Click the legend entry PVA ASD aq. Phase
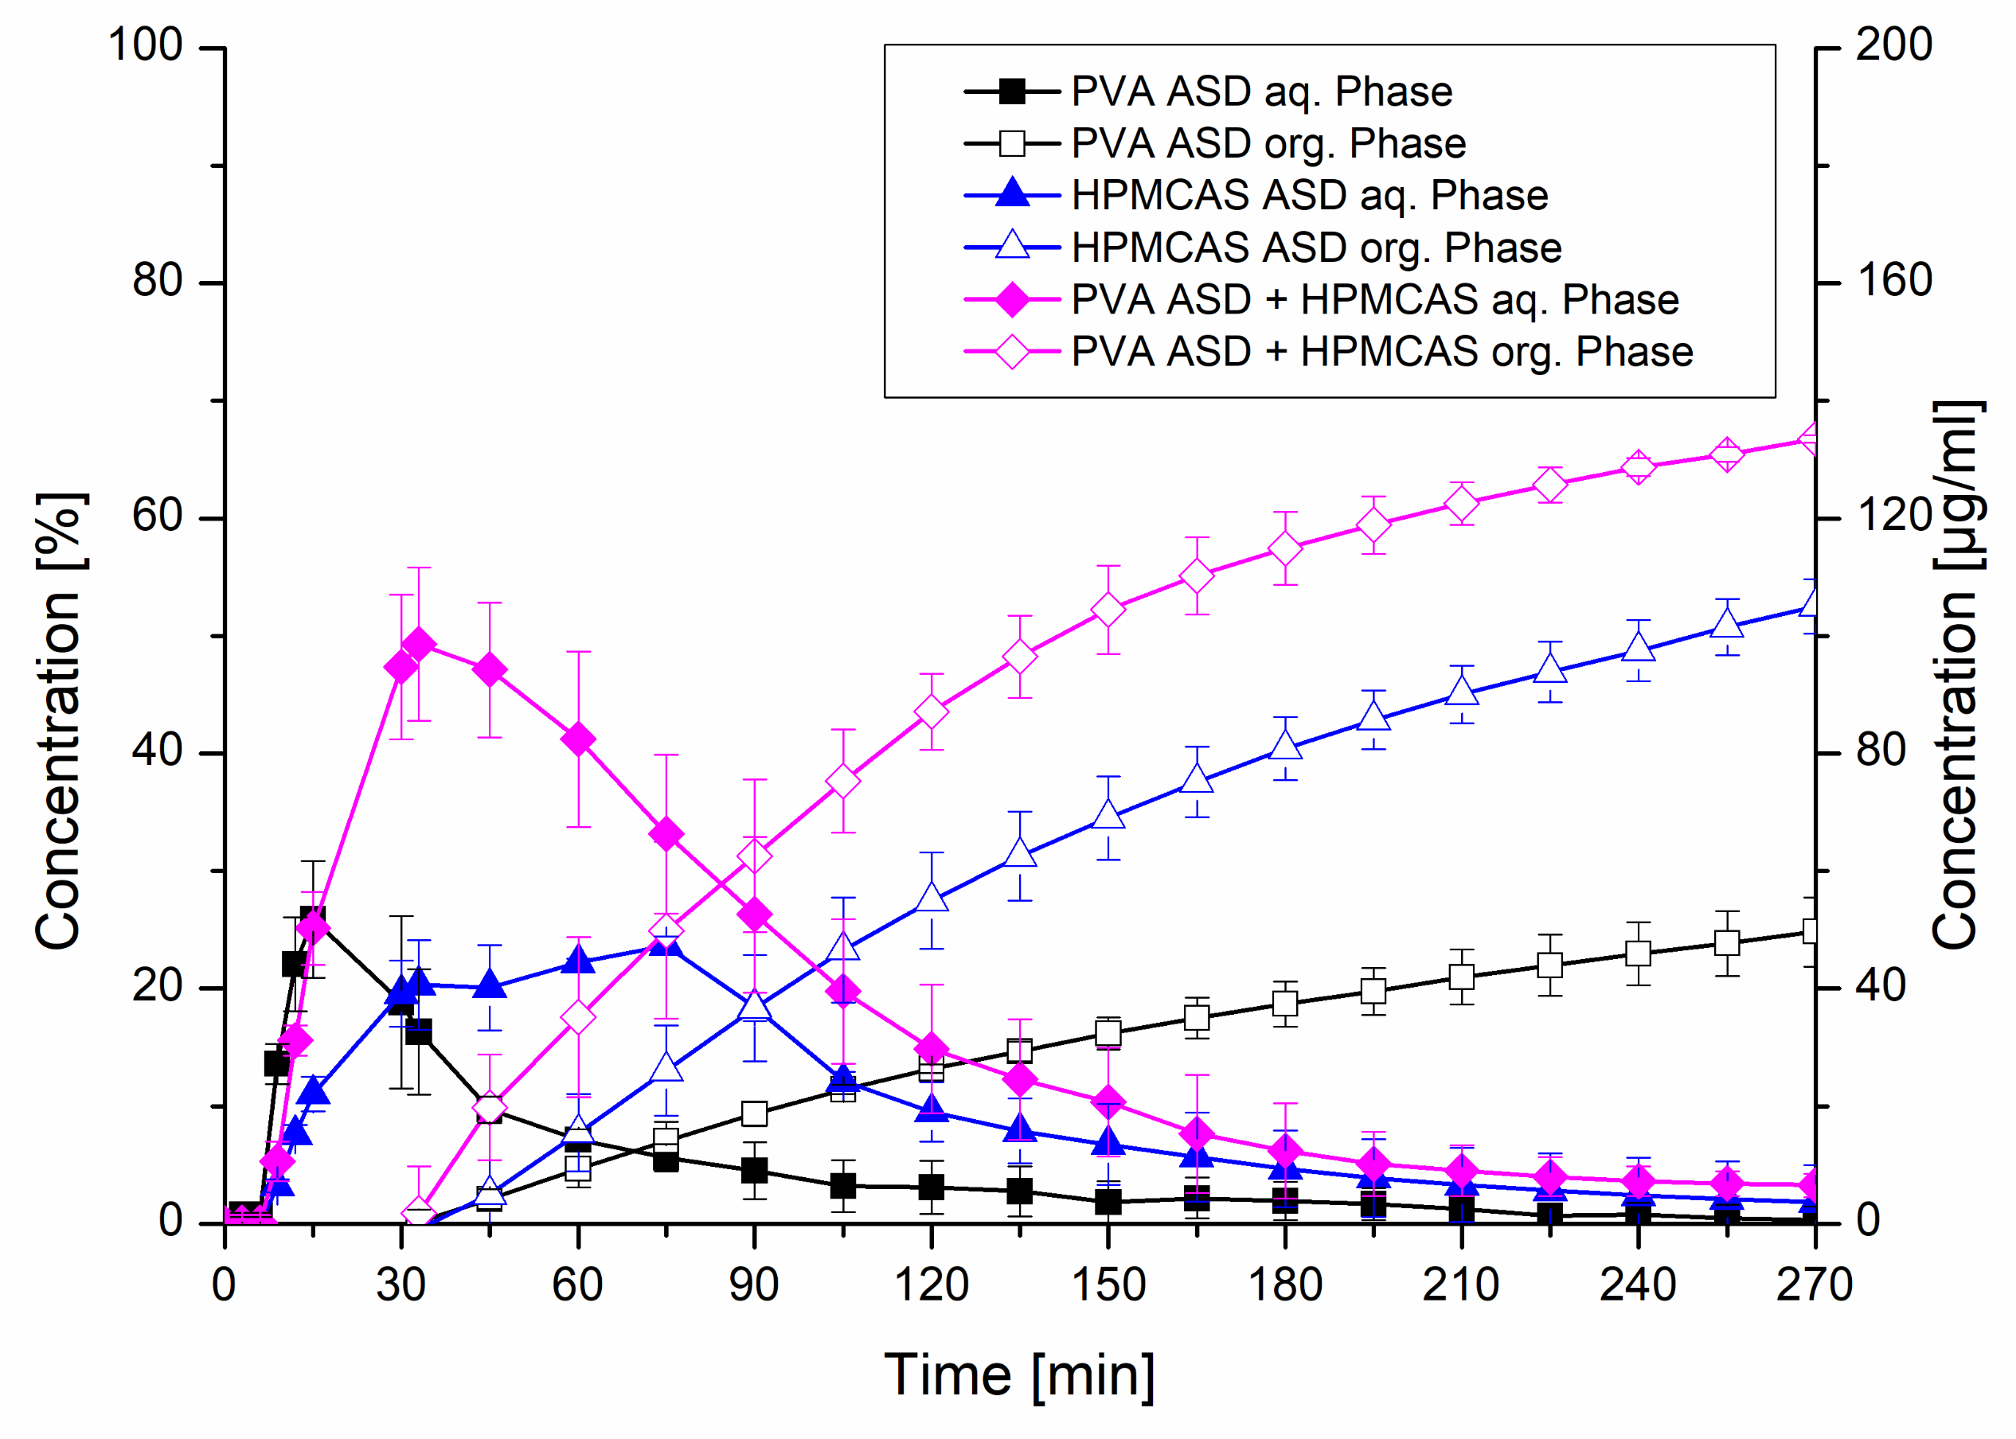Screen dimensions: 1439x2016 click(1261, 92)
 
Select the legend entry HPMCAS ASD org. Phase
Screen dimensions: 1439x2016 click(1316, 248)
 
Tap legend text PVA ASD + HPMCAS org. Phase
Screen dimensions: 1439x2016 click(1381, 352)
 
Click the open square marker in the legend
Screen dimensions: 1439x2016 click(1012, 142)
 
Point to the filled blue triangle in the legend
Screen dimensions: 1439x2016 click(1012, 194)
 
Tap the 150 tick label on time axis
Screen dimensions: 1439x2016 click(1108, 1285)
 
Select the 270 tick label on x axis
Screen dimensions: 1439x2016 click(1814, 1285)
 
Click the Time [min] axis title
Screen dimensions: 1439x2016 click(1019, 1375)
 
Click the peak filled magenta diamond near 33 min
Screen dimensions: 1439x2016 click(419, 644)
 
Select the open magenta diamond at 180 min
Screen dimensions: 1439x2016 click(1285, 548)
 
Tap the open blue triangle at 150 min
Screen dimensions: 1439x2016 click(1108, 814)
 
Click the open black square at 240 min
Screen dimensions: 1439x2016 click(1638, 953)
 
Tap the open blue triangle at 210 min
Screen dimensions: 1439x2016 click(1461, 691)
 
